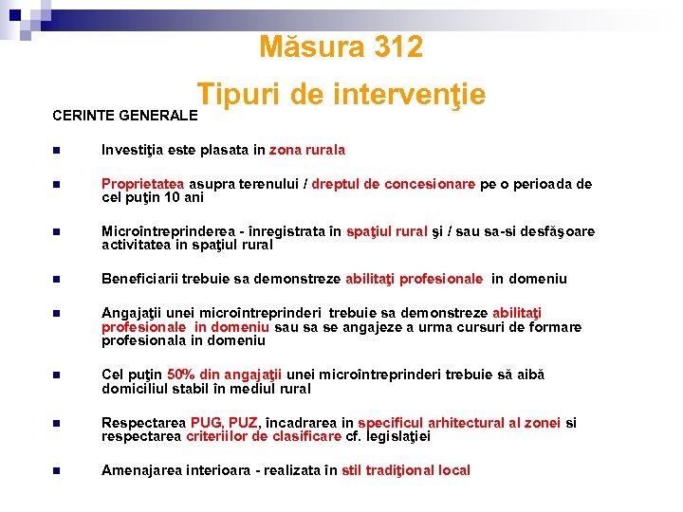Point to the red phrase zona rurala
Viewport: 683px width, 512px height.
[307, 150]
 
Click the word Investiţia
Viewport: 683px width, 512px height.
[133, 150]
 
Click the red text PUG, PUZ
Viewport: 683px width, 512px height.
[225, 423]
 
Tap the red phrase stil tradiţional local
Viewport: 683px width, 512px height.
[406, 470]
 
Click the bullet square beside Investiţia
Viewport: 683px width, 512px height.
[57, 151]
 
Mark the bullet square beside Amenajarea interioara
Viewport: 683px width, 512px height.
[57, 471]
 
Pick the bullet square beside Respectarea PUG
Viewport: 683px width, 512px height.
[57, 424]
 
